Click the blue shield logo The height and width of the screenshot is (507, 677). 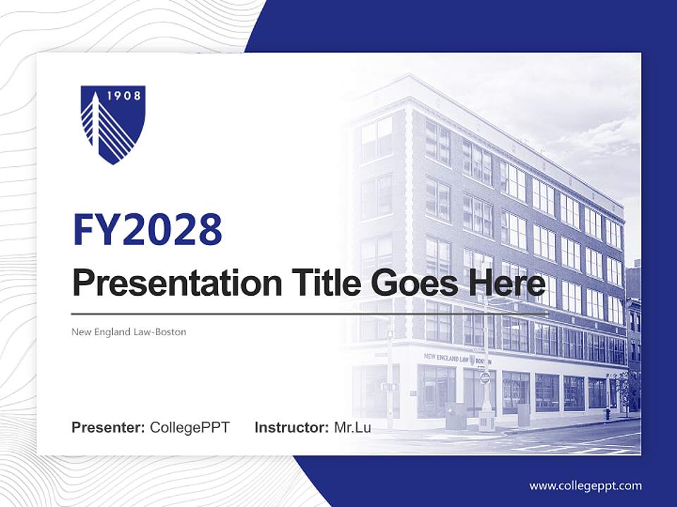pos(113,124)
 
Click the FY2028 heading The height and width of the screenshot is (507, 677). pos(147,230)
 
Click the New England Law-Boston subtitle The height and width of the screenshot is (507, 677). pos(129,332)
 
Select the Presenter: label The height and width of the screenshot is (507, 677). pos(109,427)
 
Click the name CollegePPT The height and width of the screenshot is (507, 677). pos(190,427)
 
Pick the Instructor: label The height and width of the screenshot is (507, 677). pos(291,427)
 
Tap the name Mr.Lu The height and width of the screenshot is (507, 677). pos(353,427)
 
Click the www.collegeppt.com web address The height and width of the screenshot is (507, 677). pos(585,486)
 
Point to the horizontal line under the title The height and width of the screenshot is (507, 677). pos(310,313)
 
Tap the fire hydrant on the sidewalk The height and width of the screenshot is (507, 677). pos(607,414)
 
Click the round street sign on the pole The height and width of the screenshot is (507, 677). pos(484,378)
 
